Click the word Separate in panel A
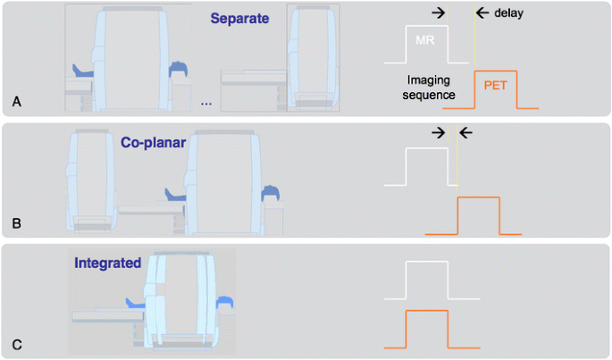point(240,17)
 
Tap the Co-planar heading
point(153,141)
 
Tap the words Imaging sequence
point(427,87)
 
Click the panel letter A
point(17,103)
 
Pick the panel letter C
point(17,343)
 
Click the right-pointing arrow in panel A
point(440,13)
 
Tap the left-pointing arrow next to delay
point(482,13)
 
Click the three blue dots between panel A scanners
point(206,105)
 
